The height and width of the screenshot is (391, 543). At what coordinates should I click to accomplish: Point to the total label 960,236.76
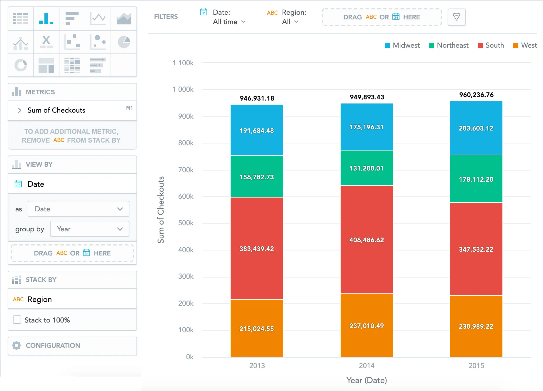coord(476,95)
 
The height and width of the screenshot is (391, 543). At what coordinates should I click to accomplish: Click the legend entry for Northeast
coord(449,45)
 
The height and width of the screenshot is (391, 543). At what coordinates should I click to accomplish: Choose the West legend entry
coord(525,45)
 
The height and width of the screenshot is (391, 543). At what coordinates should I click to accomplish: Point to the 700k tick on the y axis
coord(186,170)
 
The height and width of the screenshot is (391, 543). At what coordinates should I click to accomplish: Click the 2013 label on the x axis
coord(257,366)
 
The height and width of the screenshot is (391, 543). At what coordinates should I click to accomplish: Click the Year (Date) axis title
coord(367,380)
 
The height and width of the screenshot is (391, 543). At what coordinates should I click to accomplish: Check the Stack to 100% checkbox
coord(17,320)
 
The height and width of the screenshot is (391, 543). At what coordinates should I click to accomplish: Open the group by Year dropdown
coord(90,229)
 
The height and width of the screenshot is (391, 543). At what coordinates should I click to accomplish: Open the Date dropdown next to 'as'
coord(79,209)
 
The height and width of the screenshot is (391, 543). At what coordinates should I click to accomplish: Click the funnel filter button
coord(457,17)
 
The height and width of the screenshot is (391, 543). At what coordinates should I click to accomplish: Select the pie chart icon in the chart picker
coord(124,42)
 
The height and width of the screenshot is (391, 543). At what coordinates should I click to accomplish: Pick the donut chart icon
coord(21,65)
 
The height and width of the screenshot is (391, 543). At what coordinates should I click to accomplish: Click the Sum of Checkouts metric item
coord(56,110)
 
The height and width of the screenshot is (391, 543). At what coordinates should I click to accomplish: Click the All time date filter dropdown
coord(229,22)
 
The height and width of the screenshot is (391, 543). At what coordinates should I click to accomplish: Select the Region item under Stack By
coord(40,299)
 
